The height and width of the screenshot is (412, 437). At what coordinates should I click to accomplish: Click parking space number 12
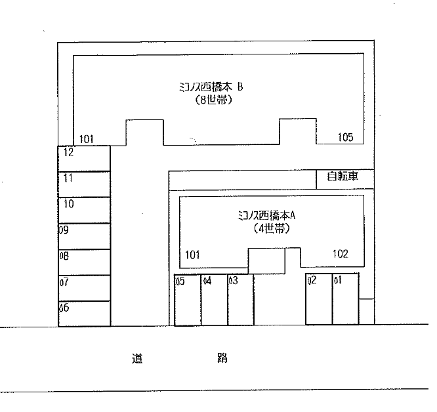pos(84,159)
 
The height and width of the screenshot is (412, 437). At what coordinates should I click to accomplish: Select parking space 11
pos(84,184)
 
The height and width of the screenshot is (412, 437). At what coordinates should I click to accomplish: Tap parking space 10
pos(84,211)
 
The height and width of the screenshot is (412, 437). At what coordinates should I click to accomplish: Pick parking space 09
pos(84,236)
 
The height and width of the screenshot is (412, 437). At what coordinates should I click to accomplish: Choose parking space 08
pos(84,262)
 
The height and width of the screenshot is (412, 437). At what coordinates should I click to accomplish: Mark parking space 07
pos(84,288)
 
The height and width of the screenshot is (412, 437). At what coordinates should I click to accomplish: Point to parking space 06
pos(84,314)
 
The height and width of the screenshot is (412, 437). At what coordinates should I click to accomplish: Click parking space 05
pos(188,300)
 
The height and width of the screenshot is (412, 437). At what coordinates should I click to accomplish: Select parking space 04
pos(215,300)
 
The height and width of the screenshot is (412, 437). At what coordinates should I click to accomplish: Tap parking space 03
pos(241,300)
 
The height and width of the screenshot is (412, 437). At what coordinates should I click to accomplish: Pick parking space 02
pos(319,299)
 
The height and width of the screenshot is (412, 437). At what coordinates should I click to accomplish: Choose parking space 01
pos(346,299)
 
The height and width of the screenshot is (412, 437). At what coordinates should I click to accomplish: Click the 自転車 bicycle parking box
pos(345,179)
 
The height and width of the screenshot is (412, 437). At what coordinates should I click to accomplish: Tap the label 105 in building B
pos(346,137)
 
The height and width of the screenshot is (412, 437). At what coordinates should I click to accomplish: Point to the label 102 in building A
pos(341,254)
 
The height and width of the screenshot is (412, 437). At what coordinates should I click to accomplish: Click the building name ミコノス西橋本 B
pos(211,87)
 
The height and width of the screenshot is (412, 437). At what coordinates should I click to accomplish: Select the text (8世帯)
pos(214,100)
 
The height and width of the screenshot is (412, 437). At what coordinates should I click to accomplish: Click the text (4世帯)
pos(272,228)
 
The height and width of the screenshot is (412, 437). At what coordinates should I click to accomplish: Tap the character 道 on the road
pos(137,358)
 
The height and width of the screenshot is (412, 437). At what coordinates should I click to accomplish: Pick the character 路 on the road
pos(222,358)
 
